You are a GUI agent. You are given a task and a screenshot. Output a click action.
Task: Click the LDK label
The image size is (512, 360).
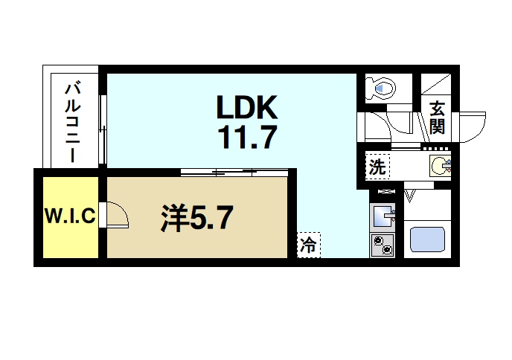247,109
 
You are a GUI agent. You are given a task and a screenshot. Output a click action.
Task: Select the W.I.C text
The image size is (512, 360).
69,217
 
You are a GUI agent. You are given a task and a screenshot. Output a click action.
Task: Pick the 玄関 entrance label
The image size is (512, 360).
437,120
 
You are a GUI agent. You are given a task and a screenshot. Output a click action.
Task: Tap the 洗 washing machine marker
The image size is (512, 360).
378,167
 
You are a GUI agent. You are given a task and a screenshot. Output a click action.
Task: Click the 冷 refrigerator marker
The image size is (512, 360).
309,243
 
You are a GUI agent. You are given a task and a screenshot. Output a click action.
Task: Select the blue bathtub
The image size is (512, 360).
428,240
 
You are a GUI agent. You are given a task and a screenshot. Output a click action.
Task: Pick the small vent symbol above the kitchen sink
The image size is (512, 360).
385,193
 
